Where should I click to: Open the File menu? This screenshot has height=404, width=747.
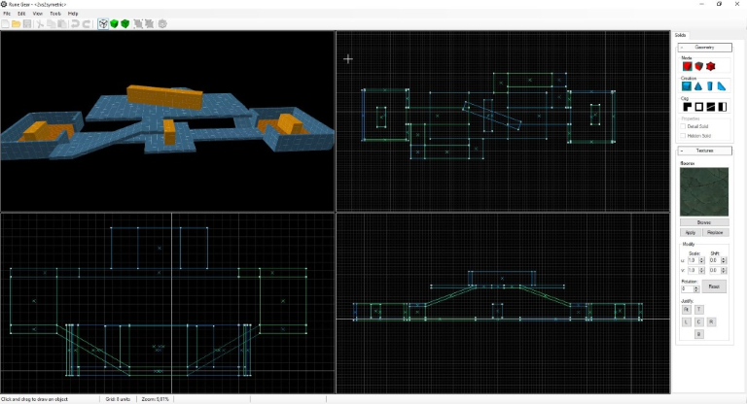pos(7,14)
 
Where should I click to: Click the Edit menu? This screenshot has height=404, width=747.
pos(21,14)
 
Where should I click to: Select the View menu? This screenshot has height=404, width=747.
pos(38,14)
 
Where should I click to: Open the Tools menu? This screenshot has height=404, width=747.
pos(55,14)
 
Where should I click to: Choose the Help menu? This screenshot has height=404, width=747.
pos(73,14)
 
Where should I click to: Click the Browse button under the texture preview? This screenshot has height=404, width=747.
pos(704,222)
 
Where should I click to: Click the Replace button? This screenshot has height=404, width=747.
pos(716,233)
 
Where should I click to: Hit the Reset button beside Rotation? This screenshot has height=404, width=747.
pos(713,286)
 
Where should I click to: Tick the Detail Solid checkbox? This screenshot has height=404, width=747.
pos(684,126)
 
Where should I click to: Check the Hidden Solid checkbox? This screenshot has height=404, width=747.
pos(684,135)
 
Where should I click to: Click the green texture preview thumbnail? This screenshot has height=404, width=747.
pos(704,191)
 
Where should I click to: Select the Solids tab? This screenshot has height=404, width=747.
pos(680,35)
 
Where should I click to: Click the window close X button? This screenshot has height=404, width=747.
pos(737,4)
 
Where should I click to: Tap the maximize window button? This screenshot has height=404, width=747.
pos(719,4)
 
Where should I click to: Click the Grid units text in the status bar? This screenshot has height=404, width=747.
pos(118,399)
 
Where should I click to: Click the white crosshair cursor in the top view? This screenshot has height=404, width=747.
pos(348,59)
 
